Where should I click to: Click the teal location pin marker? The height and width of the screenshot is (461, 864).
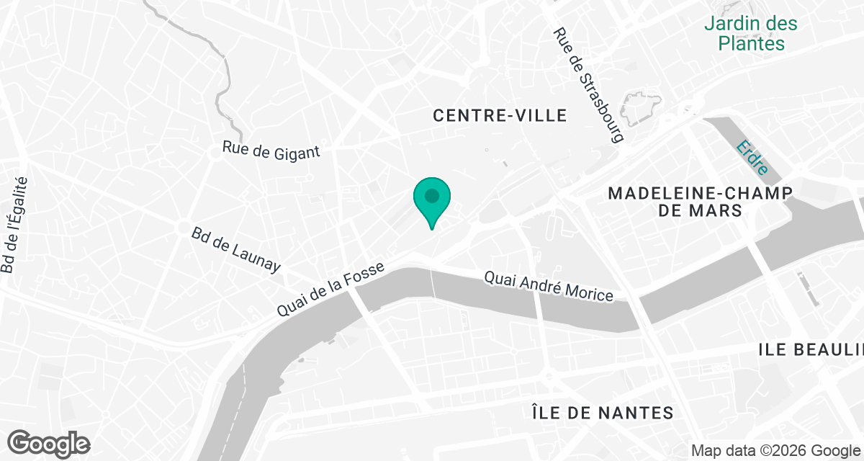tap(432, 202)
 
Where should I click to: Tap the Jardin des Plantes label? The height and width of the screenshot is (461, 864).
tap(751, 33)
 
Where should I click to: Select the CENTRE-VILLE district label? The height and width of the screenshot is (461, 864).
tap(500, 115)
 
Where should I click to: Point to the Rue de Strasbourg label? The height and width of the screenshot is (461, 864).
tap(587, 85)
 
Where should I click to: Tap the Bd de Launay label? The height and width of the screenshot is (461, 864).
tap(235, 250)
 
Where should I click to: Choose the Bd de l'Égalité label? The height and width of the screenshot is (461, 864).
tap(14, 225)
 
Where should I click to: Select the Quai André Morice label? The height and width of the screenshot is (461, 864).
tap(549, 286)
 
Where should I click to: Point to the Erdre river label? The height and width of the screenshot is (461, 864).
tap(752, 160)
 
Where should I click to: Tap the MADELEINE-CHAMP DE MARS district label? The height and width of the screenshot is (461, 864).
tap(700, 202)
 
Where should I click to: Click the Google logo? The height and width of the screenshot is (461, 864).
tap(48, 444)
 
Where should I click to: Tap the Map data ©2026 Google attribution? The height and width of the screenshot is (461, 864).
tap(775, 450)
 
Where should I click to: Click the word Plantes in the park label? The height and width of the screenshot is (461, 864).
tap(751, 43)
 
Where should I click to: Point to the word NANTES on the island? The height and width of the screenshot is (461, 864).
tap(638, 413)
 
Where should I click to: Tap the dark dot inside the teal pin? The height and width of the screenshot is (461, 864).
tap(432, 195)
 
